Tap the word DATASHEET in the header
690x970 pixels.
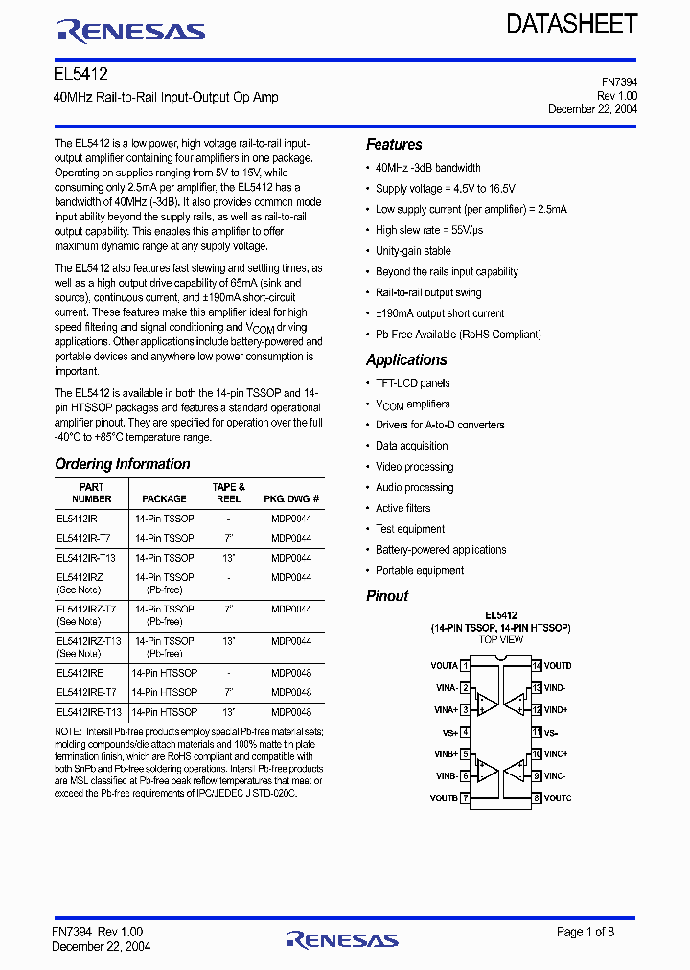coord(572,25)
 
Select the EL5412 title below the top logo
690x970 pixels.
coord(80,74)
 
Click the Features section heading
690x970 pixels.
coord(394,145)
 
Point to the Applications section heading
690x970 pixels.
coord(406,360)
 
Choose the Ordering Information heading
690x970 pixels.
coord(123,464)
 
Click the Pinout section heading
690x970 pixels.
coord(387,596)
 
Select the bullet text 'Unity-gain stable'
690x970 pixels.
coord(413,251)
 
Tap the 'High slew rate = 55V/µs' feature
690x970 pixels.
coord(429,230)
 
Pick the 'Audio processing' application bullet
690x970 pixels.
coord(414,488)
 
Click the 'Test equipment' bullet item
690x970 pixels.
coord(410,529)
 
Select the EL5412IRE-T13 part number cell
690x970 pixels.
coord(89,712)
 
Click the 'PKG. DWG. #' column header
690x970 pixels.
coord(291,499)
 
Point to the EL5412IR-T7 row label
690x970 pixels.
coord(83,538)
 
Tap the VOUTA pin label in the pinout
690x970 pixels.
coord(443,665)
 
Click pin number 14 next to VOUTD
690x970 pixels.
coord(537,665)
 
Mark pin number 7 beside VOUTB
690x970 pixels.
coord(465,797)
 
